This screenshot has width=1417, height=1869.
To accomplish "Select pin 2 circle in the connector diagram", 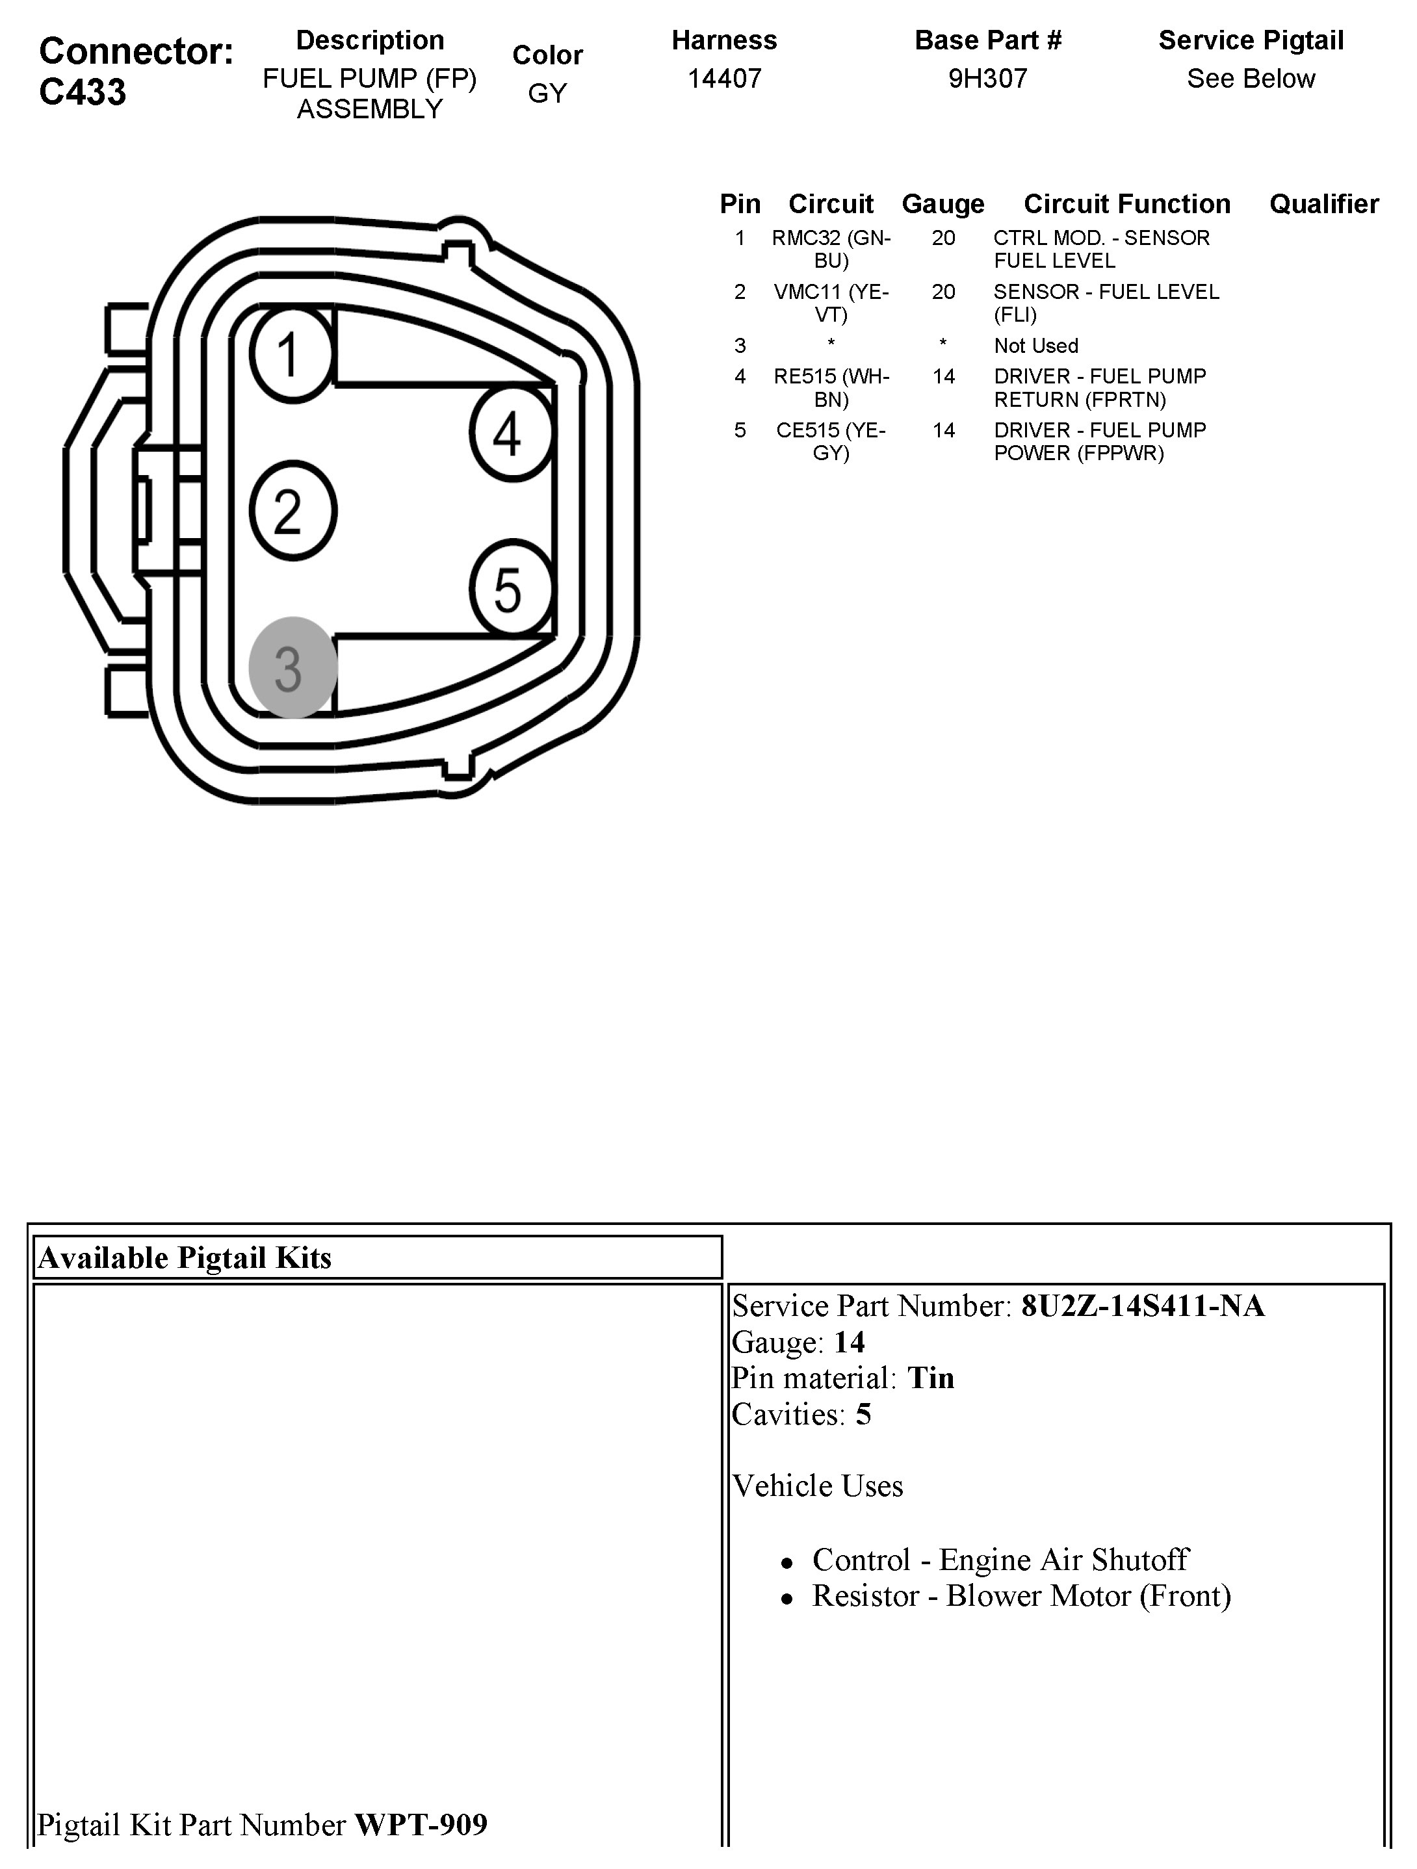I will pyautogui.click(x=292, y=510).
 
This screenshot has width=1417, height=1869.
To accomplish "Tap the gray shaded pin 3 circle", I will pyautogui.click(x=292, y=667).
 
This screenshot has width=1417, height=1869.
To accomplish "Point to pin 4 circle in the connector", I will pyautogui.click(x=510, y=433).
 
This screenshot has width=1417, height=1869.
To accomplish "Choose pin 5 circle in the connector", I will pyautogui.click(x=510, y=589).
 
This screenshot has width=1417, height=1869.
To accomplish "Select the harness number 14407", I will pyautogui.click(x=724, y=79).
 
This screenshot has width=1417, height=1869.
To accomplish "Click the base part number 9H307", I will pyautogui.click(x=987, y=79).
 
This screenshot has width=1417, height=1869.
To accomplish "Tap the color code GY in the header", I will pyautogui.click(x=547, y=93).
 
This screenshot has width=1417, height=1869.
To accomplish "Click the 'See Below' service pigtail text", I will pyautogui.click(x=1251, y=79).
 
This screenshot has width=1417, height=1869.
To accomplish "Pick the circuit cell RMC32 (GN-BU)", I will pyautogui.click(x=831, y=250).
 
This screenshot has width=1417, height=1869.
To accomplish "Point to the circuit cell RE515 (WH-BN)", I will pyautogui.click(x=831, y=388).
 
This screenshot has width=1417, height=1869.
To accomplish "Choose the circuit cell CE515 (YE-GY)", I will pyautogui.click(x=831, y=442).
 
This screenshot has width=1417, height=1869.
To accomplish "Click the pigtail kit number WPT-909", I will pyautogui.click(x=421, y=1825).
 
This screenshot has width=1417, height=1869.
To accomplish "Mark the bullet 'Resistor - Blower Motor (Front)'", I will pyautogui.click(x=1020, y=1596).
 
